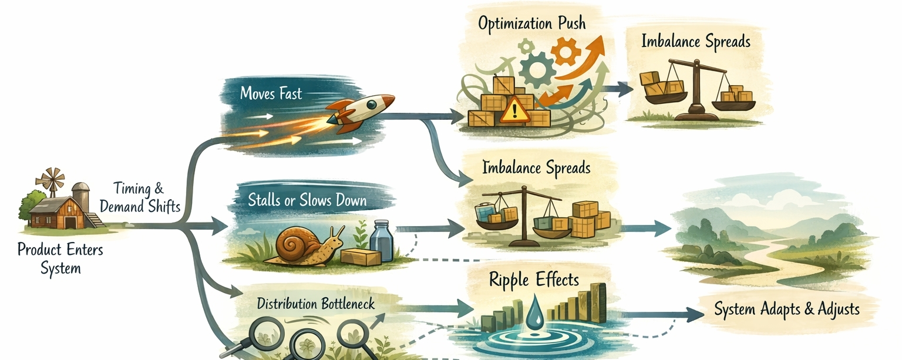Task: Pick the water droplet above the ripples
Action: [534, 311]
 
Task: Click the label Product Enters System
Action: [60, 259]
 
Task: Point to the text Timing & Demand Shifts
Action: [140, 198]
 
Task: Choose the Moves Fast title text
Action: [271, 93]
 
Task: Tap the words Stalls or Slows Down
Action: [307, 200]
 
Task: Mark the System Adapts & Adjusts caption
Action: [786, 309]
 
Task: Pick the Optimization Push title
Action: [531, 24]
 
